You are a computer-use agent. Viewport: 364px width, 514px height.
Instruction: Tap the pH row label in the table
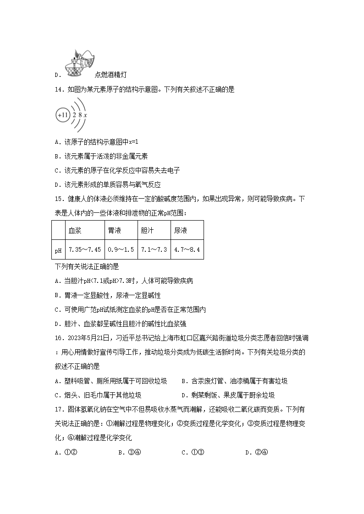click(x=58, y=250)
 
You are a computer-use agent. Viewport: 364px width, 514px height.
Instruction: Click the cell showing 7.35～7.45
click(x=84, y=250)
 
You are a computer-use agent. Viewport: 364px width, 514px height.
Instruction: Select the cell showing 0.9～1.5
click(x=121, y=250)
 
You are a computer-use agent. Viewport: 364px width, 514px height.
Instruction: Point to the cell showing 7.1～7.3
click(x=154, y=250)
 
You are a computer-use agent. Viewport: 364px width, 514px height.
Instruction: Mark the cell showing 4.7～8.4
click(x=187, y=250)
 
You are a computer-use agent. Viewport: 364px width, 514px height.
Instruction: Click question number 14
click(x=59, y=90)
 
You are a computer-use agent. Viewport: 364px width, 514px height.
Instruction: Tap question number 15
click(x=59, y=200)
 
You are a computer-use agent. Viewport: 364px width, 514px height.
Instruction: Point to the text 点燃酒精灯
click(x=110, y=75)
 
